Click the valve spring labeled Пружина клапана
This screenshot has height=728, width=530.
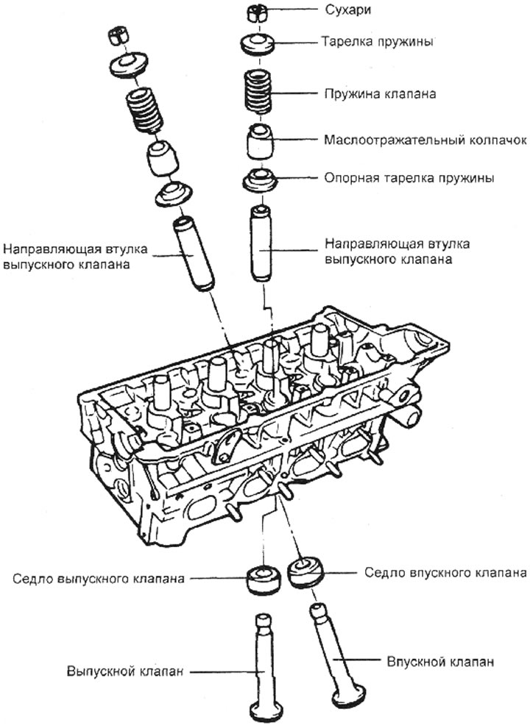click(x=261, y=93)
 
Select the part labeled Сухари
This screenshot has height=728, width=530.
click(x=259, y=11)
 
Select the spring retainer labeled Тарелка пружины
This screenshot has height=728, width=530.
click(x=259, y=42)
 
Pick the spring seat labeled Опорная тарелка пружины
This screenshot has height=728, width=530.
click(x=261, y=179)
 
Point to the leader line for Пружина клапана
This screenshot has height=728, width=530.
click(x=299, y=95)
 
